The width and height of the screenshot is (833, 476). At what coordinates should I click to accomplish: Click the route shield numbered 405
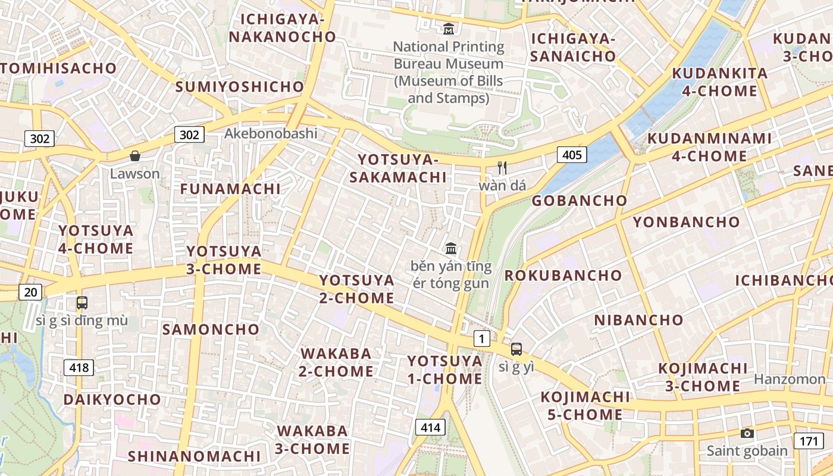coord(572,155)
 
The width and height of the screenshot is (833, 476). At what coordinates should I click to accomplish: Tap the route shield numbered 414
coord(430,427)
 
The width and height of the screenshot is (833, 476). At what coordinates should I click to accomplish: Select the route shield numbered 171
coord(808,441)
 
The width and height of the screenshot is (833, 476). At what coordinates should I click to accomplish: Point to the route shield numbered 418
coord(79,368)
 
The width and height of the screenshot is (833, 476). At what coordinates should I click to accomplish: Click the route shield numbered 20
coord(30,292)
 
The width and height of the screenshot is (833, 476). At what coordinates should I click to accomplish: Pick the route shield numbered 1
coord(481,339)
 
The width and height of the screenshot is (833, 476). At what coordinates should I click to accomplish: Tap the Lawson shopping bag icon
coord(135,156)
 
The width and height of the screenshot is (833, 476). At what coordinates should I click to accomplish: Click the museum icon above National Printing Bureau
coord(449,28)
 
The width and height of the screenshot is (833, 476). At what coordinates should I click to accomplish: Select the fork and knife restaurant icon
coord(502,168)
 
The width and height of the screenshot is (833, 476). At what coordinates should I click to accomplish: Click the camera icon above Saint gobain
coord(747,433)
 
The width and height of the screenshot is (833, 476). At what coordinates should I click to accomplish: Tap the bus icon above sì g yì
coord(516,349)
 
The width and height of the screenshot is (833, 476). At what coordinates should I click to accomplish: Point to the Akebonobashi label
coord(271,133)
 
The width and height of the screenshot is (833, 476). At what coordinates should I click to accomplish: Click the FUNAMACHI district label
coord(230,189)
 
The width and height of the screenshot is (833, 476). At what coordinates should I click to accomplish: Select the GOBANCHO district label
coord(579,201)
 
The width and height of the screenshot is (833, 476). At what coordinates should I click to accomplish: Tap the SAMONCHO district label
coord(211,329)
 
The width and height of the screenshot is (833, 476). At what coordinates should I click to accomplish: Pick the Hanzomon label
coord(790,379)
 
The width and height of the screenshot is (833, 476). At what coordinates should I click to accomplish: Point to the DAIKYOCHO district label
coord(112,399)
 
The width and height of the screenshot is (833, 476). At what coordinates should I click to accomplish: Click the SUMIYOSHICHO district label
coord(240,87)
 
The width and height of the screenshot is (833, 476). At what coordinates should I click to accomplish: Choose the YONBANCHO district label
coord(686,223)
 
